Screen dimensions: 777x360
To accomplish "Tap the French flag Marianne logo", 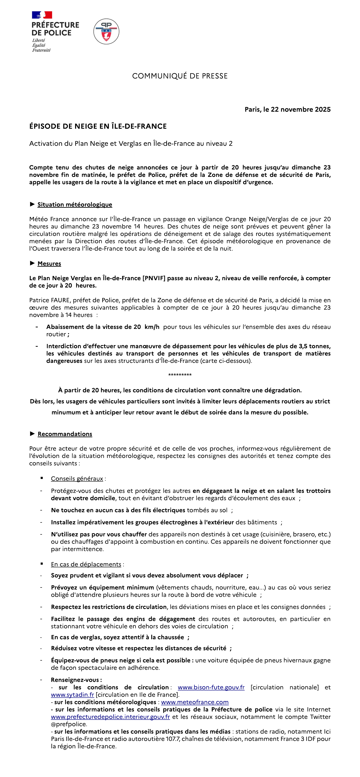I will pos(42,15).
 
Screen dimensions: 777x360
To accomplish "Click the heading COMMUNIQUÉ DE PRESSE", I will pos(180,76).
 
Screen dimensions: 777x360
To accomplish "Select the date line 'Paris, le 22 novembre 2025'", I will pos(288,109).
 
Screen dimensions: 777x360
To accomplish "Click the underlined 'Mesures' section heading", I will pos(49,264).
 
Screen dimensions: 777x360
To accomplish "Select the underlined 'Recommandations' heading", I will pos(65,434).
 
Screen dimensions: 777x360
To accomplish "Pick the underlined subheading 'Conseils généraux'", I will pos(77,479).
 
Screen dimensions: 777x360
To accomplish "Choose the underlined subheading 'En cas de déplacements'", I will pos(86,564).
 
